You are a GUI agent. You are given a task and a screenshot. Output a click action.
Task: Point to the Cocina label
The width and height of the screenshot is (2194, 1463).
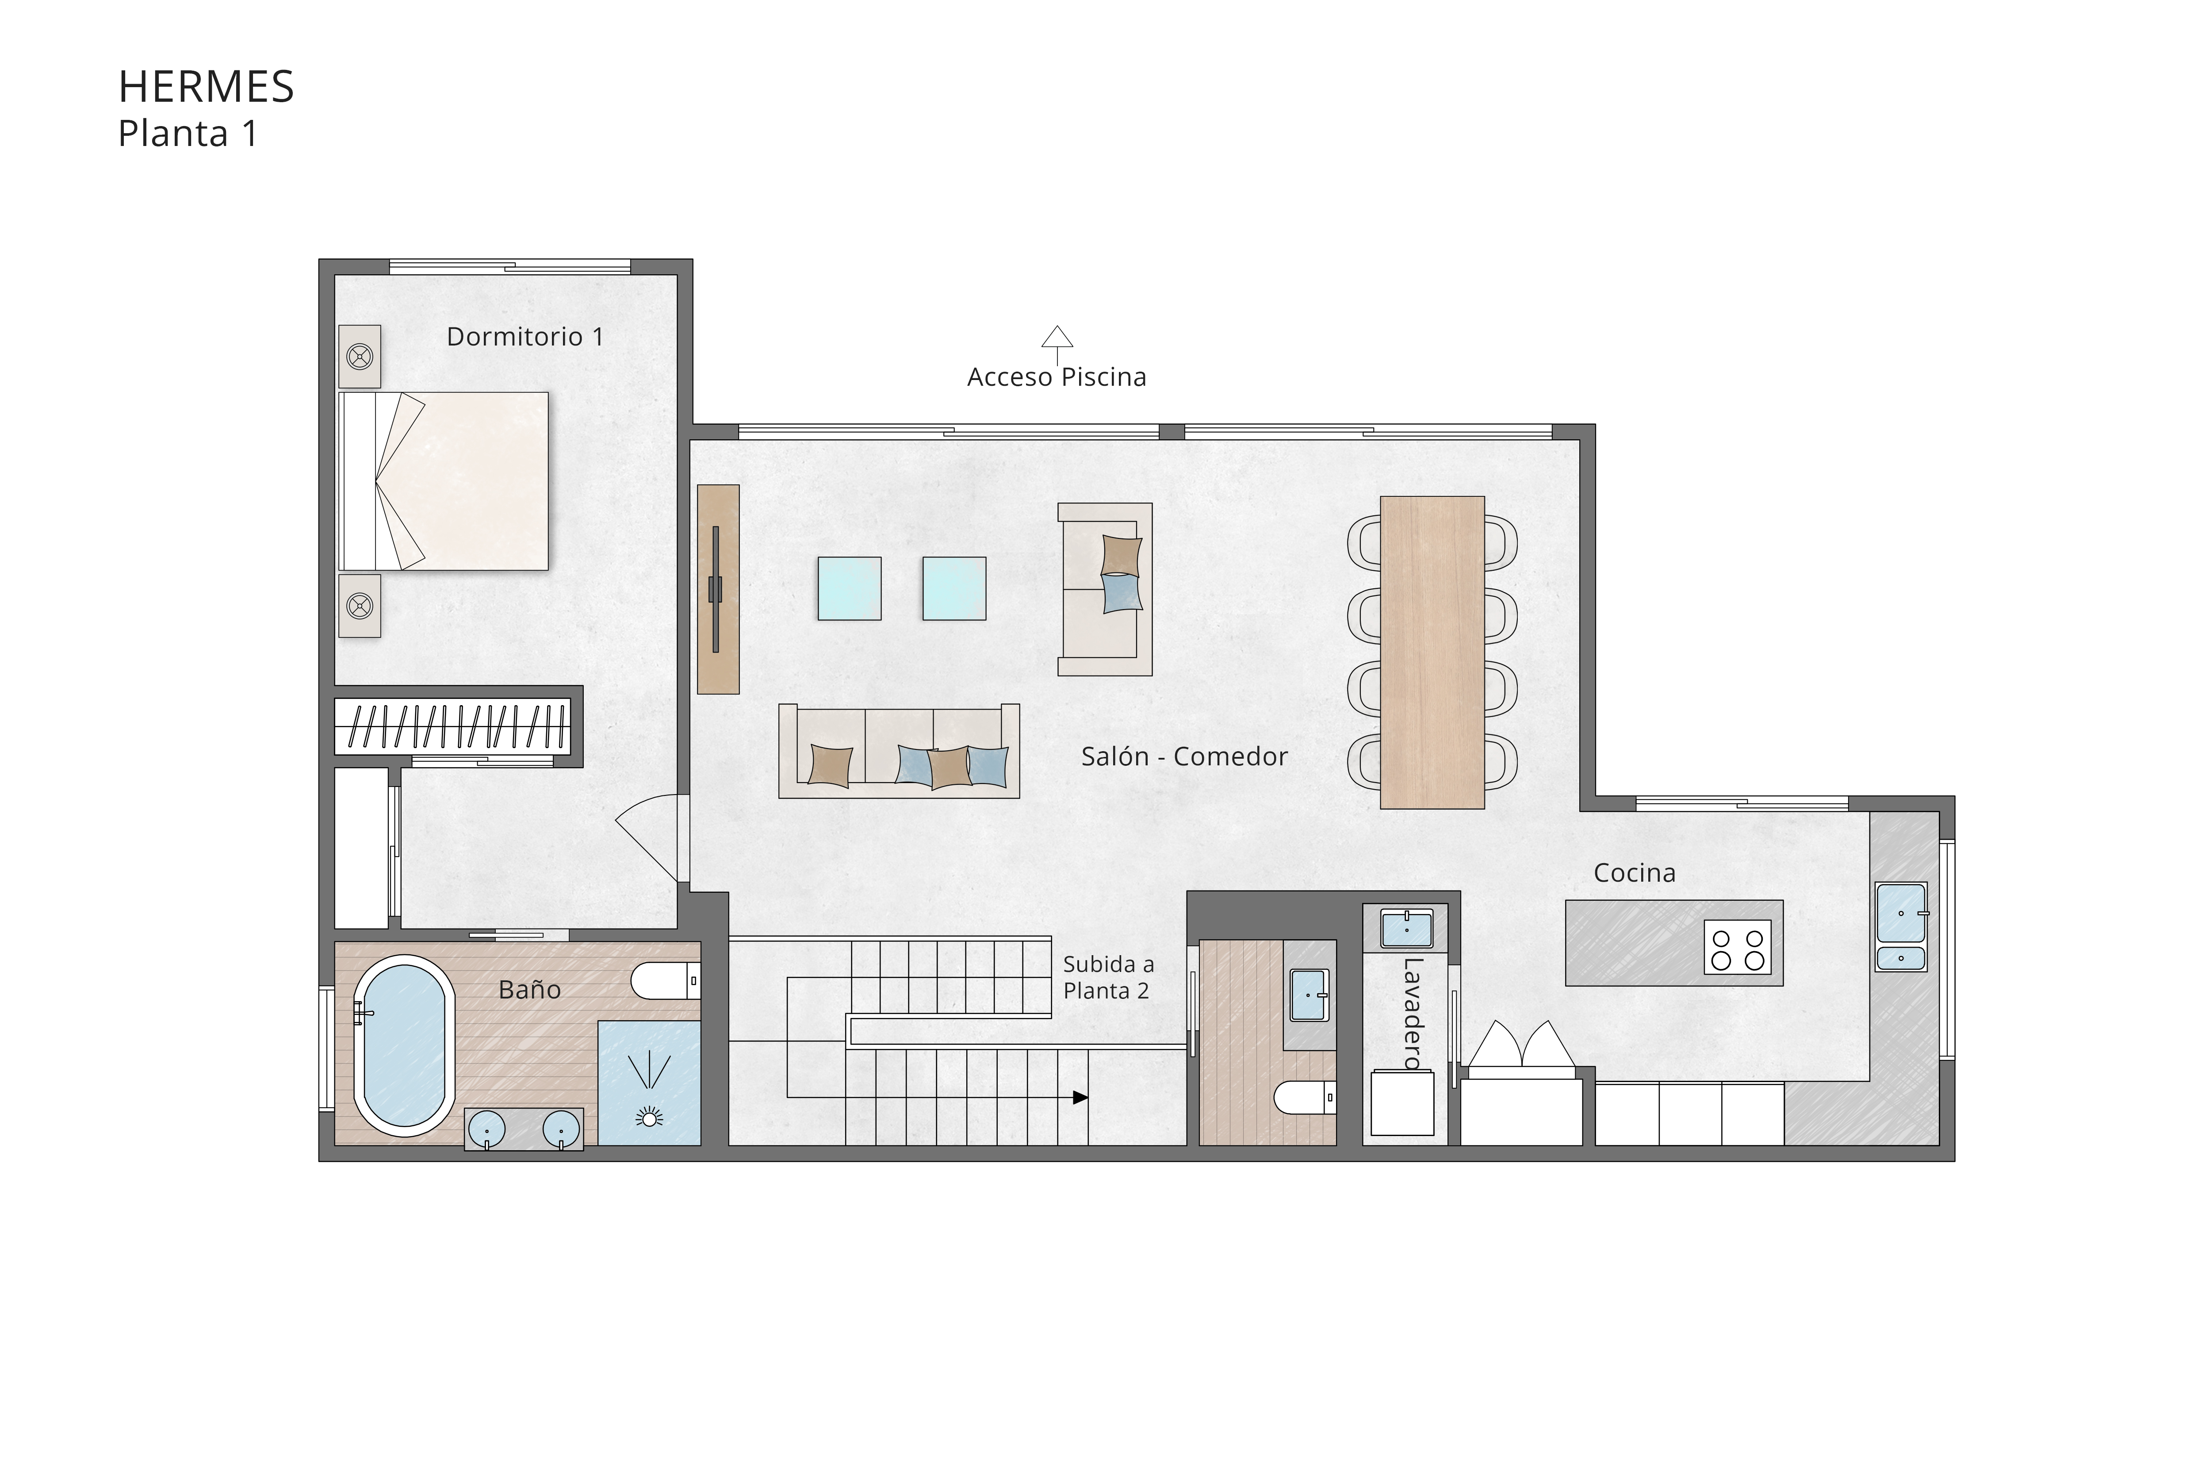tap(1634, 873)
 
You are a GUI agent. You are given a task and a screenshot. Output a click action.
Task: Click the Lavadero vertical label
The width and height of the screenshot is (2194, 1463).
tap(1411, 1013)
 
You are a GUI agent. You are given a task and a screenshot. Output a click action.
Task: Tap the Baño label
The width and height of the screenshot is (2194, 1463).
tap(529, 990)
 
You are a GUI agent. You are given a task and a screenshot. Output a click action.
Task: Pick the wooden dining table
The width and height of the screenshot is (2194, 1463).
tap(1432, 652)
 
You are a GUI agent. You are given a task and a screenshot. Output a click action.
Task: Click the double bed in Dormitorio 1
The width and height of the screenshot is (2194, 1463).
tap(444, 480)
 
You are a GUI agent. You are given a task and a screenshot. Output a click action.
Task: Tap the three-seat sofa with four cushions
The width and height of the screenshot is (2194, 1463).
tap(898, 751)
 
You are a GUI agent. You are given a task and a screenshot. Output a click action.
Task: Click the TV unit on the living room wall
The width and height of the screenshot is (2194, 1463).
tap(718, 589)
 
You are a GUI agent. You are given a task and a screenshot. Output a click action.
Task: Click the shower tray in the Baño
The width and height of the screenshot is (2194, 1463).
tap(648, 1083)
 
